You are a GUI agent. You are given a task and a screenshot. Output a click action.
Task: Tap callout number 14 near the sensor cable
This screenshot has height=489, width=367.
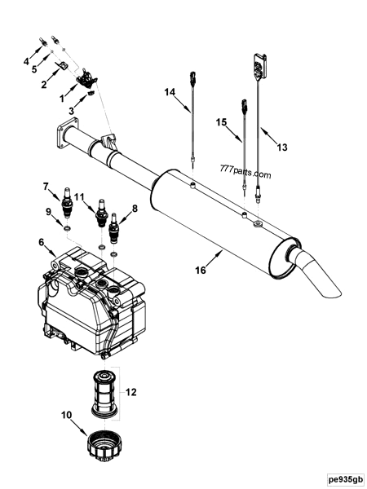point(170,93)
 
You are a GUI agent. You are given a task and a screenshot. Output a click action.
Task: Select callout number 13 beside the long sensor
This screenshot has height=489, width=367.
point(283,148)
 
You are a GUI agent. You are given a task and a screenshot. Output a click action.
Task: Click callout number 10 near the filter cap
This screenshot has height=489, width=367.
point(68,416)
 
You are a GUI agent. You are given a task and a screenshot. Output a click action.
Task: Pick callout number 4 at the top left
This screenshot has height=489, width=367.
point(26,61)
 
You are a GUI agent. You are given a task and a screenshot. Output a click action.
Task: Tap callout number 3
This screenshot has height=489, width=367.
point(72,110)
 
